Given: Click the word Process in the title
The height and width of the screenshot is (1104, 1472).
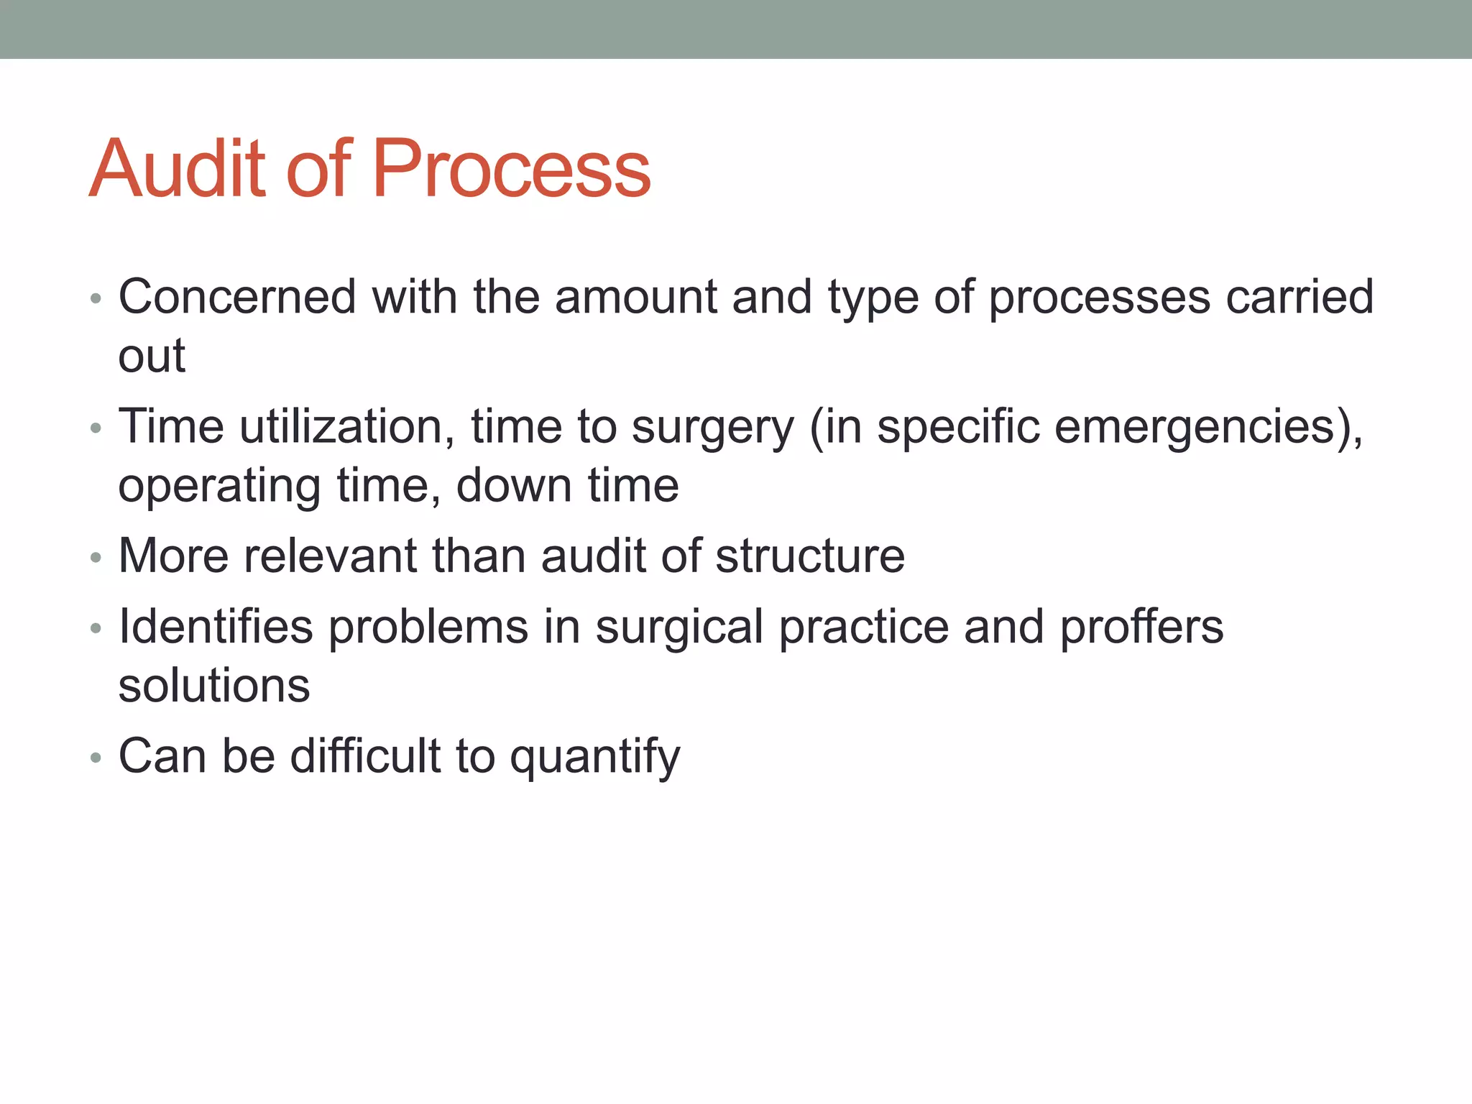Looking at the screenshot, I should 511,169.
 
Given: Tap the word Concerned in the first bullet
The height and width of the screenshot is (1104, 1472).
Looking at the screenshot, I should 237,297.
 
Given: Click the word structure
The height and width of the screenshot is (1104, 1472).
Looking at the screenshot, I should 810,556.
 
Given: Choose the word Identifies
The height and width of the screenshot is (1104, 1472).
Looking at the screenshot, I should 216,627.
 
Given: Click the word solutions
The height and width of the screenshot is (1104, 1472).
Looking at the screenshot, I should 214,686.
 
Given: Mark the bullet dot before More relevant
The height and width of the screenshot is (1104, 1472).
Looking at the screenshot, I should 96,558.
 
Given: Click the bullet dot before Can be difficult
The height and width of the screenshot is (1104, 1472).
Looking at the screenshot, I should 96,758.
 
